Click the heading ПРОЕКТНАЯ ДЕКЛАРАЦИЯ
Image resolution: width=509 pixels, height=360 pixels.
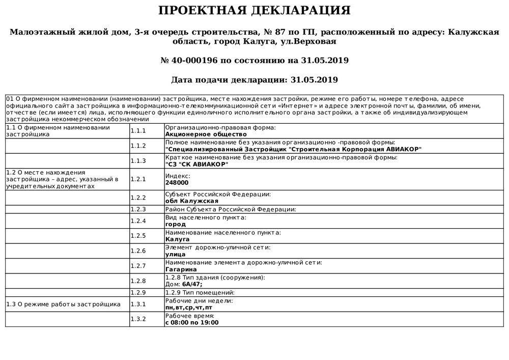(x=254, y=11)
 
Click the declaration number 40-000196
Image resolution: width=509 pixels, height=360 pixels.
(x=194, y=60)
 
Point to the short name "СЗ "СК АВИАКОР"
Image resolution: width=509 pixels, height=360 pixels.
(x=197, y=164)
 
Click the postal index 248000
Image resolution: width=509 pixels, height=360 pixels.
(x=177, y=182)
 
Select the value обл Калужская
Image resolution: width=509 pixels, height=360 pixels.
(x=188, y=201)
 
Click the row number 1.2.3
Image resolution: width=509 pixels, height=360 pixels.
(x=138, y=209)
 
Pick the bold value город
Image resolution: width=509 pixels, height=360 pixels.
(x=176, y=224)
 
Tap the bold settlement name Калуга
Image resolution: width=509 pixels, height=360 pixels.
(x=178, y=239)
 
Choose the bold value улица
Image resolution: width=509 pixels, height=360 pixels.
(x=176, y=254)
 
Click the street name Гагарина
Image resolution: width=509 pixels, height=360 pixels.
(x=181, y=269)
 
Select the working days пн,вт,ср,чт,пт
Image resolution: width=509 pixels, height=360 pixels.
(x=189, y=308)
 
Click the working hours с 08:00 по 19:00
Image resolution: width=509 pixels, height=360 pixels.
(x=192, y=322)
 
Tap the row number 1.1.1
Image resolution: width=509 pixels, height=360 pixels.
(x=138, y=131)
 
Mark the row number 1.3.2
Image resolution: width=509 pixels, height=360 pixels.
(x=138, y=319)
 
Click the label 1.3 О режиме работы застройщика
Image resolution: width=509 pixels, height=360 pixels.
(x=63, y=304)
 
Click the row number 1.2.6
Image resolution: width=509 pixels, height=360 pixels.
(x=138, y=251)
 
